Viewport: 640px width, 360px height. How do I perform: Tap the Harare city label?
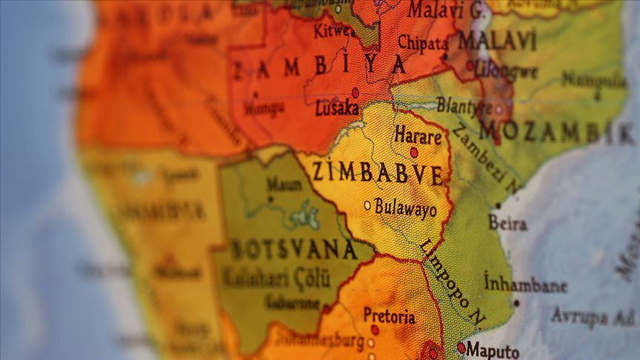click(x=418, y=136)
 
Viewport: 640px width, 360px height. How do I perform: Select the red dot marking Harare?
click(x=414, y=152)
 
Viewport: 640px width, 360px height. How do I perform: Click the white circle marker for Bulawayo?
click(x=367, y=205)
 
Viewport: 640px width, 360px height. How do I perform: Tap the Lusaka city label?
click(x=337, y=108)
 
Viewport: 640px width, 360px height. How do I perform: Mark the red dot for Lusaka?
click(x=355, y=93)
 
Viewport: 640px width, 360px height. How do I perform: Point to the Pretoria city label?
click(x=389, y=316)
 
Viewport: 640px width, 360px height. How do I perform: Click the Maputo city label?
click(x=493, y=350)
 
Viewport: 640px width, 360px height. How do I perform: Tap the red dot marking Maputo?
click(x=461, y=347)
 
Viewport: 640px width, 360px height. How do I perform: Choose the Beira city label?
click(x=507, y=222)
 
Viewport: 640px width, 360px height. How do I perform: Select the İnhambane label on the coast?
click(x=525, y=284)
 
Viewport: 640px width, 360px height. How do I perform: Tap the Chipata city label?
click(x=422, y=42)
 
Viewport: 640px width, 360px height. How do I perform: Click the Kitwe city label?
click(x=331, y=31)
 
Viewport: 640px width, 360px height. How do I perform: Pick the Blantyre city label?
click(x=463, y=106)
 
